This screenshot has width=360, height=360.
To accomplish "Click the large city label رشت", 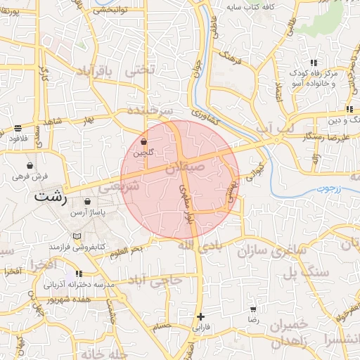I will pyautogui.click(x=51, y=196).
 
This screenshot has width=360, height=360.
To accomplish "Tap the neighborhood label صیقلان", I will pyautogui.click(x=184, y=169).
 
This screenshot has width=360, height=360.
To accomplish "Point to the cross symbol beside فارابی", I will pyautogui.click(x=201, y=316).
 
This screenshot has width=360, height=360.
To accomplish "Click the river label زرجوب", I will pyautogui.click(x=324, y=188).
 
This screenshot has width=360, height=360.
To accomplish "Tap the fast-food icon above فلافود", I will pyautogui.click(x=18, y=129).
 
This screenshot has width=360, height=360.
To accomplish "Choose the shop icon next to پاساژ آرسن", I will pyautogui.click(x=86, y=201).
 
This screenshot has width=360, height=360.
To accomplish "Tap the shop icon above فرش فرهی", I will pyautogui.click(x=30, y=165).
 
